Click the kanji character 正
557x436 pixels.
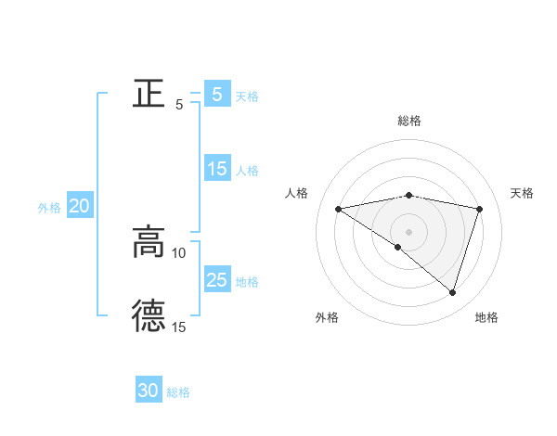149,95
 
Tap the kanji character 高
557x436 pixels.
149,243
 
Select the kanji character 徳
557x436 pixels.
149,315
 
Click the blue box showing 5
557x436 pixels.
216,95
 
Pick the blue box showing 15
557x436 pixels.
216,169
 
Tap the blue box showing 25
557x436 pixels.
216,280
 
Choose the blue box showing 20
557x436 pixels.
79,207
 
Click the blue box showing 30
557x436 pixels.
149,391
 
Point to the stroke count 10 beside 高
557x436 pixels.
179,252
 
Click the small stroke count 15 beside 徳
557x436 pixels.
179,327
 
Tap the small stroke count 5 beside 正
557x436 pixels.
179,105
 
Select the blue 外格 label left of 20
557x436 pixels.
49,208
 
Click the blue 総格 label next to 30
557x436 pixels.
178,392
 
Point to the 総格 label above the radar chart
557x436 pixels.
409,121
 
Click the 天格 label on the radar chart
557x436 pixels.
522,193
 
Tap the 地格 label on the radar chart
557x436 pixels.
486,317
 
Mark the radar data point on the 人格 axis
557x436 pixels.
339,209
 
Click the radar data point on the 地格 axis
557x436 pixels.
452,292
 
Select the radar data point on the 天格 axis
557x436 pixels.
480,209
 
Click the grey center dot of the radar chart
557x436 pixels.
408,231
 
